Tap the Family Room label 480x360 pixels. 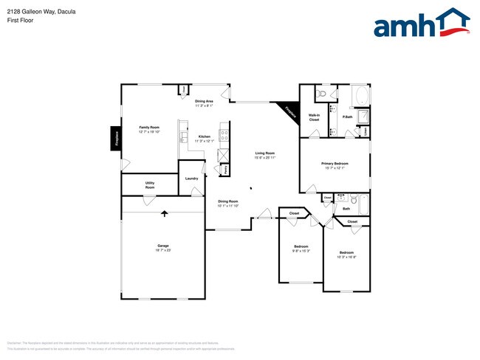(x=149, y=128)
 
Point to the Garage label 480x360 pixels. (x=163, y=246)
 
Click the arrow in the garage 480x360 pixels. (x=165, y=214)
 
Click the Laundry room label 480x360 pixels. (x=191, y=179)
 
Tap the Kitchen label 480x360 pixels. (x=204, y=136)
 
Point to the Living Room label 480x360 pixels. (x=264, y=153)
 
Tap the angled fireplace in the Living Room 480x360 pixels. (x=287, y=110)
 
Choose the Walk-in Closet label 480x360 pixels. (x=314, y=117)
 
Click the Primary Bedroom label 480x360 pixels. (x=334, y=163)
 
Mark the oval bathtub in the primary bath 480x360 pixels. (x=361, y=97)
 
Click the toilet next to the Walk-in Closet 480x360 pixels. (x=321, y=94)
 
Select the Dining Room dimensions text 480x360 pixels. (x=228, y=206)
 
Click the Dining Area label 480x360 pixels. (x=204, y=101)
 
